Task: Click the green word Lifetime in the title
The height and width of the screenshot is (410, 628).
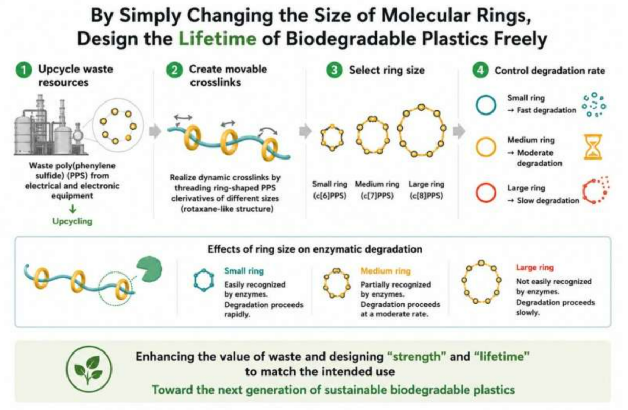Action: (x=218, y=39)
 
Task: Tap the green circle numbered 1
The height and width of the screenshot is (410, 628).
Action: (x=24, y=70)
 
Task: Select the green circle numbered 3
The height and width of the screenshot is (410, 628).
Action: (x=334, y=70)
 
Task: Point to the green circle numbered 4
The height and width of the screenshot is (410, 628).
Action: (x=480, y=70)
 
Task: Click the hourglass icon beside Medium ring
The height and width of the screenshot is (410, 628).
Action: (x=592, y=147)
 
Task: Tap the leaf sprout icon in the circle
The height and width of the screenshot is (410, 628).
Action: (x=88, y=369)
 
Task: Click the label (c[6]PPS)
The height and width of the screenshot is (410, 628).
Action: (x=330, y=196)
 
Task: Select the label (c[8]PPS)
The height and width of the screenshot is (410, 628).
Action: (x=426, y=196)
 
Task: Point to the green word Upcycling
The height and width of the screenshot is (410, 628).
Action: (x=72, y=221)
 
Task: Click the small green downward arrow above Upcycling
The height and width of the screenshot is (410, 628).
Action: (x=73, y=209)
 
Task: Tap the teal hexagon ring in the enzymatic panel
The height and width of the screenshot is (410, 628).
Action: (x=204, y=280)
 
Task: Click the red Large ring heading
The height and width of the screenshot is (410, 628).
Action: (x=535, y=268)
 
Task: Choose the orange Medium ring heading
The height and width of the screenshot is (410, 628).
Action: (x=386, y=271)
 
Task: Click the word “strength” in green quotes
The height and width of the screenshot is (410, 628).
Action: (x=417, y=357)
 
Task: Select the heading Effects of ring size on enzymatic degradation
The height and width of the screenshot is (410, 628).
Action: (x=315, y=249)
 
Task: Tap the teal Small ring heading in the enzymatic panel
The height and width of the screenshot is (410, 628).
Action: (x=244, y=271)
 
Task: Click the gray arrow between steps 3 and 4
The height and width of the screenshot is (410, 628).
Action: (x=459, y=131)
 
